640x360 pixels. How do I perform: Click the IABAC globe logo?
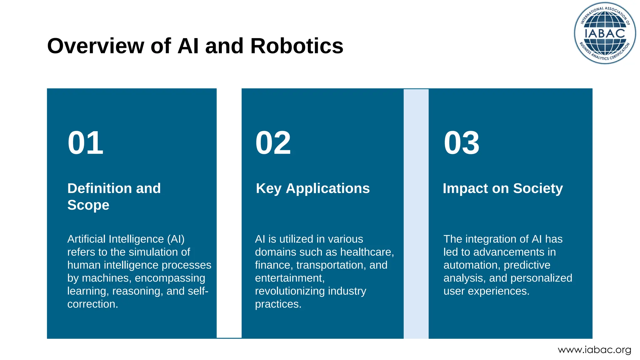click(605, 33)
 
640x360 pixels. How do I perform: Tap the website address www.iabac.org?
click(594, 350)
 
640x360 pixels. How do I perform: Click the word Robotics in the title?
click(297, 46)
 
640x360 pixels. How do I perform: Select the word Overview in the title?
click(96, 46)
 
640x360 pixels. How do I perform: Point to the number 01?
click(85, 143)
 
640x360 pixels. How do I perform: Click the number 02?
click(273, 143)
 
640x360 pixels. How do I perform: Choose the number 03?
click(462, 143)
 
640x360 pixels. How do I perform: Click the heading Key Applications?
click(312, 188)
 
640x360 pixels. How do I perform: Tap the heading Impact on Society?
click(502, 188)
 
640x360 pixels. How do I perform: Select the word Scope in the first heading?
click(88, 205)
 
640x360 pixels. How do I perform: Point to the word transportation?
click(331, 265)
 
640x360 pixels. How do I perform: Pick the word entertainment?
click(289, 278)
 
